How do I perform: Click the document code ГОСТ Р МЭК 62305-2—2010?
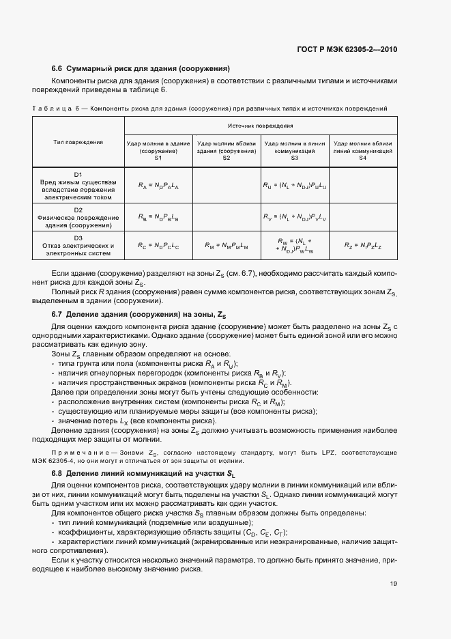pyautogui.click(x=347, y=49)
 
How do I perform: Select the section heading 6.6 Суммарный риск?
pyautogui.click(x=140, y=68)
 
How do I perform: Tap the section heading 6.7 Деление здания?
pyautogui.click(x=137, y=313)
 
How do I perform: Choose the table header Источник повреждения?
pyautogui.click(x=261, y=126)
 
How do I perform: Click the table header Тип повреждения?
pyautogui.click(x=78, y=142)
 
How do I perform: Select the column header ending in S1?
pyautogui.click(x=158, y=151)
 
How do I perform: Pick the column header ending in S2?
pyautogui.click(x=227, y=151)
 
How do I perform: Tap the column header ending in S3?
pyautogui.click(x=295, y=151)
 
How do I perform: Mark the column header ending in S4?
pyautogui.click(x=363, y=151)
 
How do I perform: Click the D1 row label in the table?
pyautogui.click(x=78, y=184)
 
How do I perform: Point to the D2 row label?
pyautogui.click(x=78, y=217)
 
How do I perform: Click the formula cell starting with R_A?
pyautogui.click(x=158, y=185)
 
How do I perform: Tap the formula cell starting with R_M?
pyautogui.click(x=227, y=246)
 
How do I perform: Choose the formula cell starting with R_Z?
pyautogui.click(x=363, y=246)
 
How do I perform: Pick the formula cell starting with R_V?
pyautogui.click(x=295, y=218)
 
